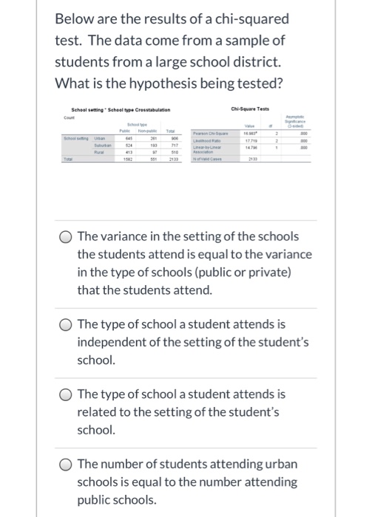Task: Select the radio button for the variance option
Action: coord(67,237)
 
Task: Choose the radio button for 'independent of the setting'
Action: coord(67,324)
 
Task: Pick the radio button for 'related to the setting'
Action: coord(67,395)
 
